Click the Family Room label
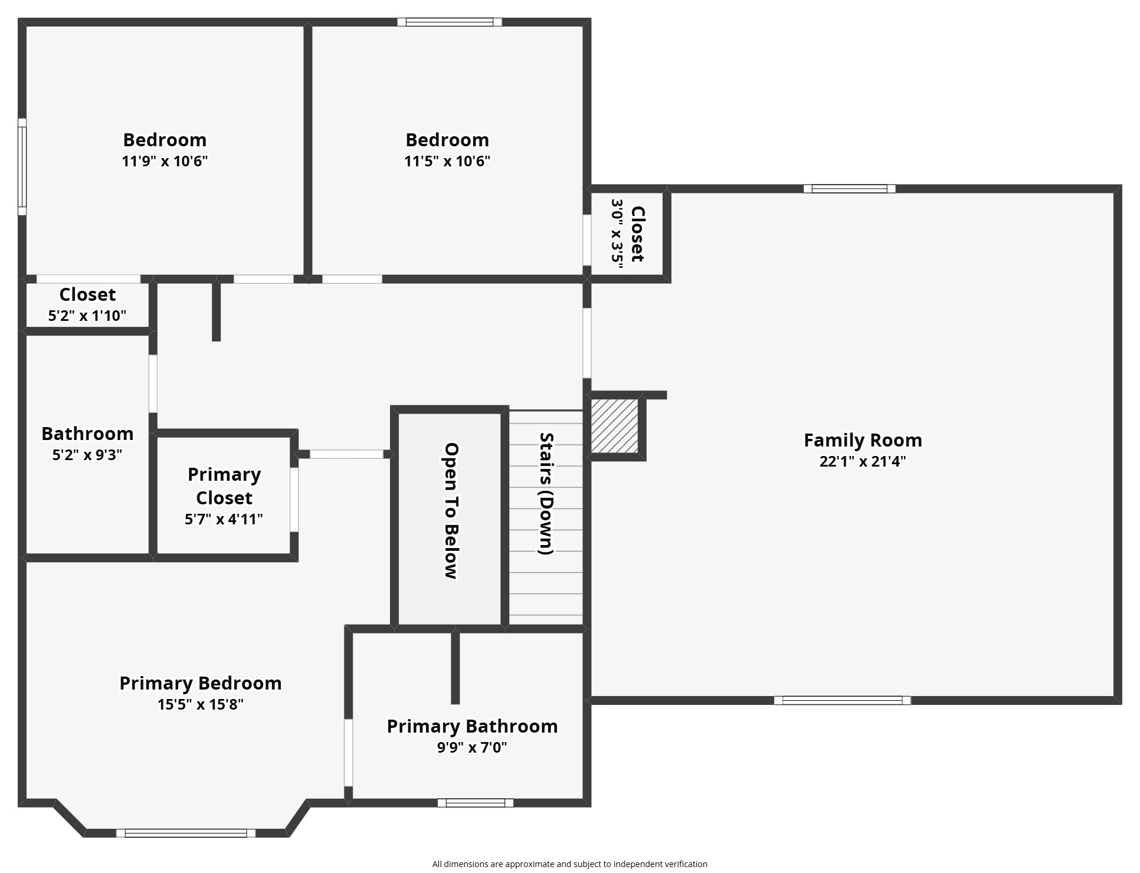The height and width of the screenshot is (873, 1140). (x=863, y=440)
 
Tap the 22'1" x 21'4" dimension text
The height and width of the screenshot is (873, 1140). (x=863, y=461)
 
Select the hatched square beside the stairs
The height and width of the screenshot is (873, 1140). (x=614, y=426)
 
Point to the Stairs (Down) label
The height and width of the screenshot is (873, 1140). (x=546, y=494)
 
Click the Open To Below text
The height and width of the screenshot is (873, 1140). (x=451, y=511)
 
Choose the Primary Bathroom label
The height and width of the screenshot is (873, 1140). (x=472, y=726)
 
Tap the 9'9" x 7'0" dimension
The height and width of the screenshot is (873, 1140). (x=472, y=747)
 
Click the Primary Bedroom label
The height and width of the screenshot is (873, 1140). (x=201, y=683)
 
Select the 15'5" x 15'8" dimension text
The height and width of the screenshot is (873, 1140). (x=201, y=704)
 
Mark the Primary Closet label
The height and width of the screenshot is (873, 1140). (x=224, y=486)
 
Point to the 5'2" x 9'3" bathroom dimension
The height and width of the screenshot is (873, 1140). (x=87, y=455)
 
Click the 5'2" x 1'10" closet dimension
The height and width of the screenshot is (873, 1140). (x=87, y=316)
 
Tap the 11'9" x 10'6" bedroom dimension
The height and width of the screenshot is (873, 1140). (x=165, y=161)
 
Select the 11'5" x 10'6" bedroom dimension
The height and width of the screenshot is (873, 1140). (x=447, y=161)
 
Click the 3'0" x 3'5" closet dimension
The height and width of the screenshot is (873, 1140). (x=617, y=234)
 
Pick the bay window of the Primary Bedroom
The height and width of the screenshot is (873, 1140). (x=186, y=833)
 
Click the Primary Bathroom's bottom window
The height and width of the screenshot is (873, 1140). (x=476, y=803)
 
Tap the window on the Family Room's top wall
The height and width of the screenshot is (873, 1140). (x=850, y=189)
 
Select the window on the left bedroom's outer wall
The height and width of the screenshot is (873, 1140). (x=22, y=167)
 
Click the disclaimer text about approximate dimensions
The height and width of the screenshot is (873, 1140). (x=570, y=864)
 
